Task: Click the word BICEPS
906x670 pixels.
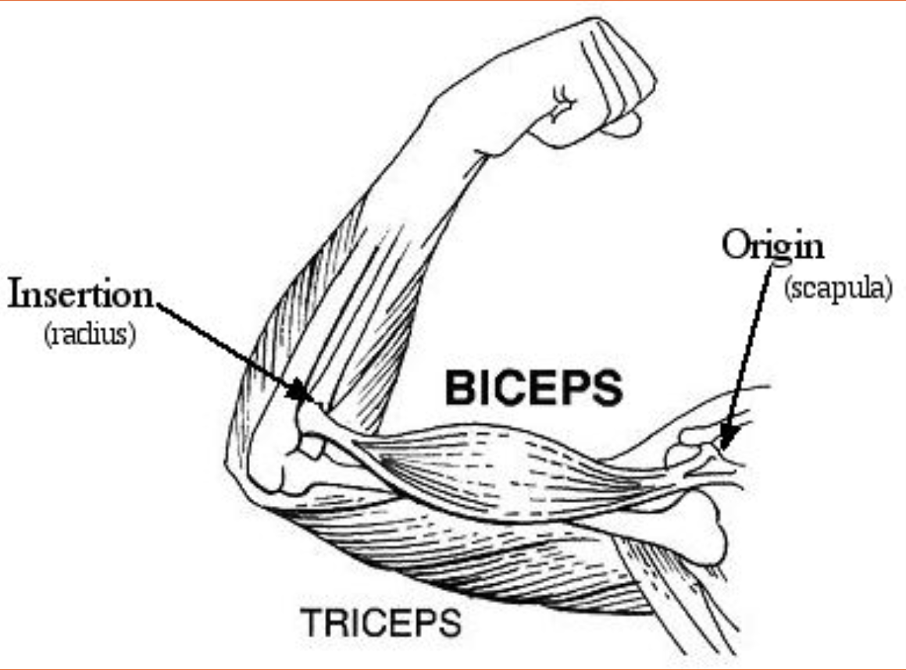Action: click(x=533, y=388)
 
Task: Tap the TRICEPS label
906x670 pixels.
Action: click(x=380, y=622)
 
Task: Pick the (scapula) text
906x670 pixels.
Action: click(x=837, y=288)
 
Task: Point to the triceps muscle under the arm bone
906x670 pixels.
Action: click(x=469, y=554)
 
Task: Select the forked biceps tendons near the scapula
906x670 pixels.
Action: click(x=703, y=465)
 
